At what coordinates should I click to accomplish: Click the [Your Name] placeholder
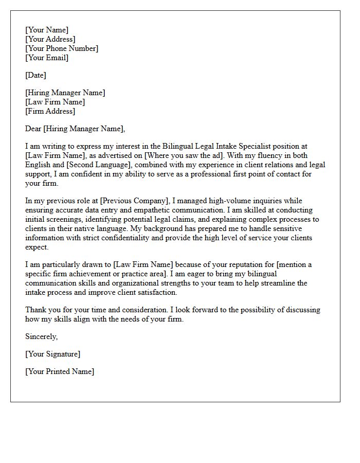pyautogui.click(x=47, y=30)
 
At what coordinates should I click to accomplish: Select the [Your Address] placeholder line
pyautogui.click(x=50, y=39)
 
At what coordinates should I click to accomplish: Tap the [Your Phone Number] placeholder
pyautogui.click(x=62, y=48)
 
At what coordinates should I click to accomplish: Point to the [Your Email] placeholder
pyautogui.click(x=47, y=58)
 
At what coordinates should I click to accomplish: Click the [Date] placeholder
pyautogui.click(x=35, y=75)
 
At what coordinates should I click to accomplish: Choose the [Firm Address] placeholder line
pyautogui.click(x=50, y=111)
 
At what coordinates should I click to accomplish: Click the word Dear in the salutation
pyautogui.click(x=33, y=129)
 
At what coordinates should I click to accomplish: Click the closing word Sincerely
pyautogui.click(x=42, y=336)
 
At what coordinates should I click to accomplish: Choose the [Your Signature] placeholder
pyautogui.click(x=52, y=354)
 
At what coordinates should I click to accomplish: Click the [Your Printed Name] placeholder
pyautogui.click(x=60, y=371)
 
